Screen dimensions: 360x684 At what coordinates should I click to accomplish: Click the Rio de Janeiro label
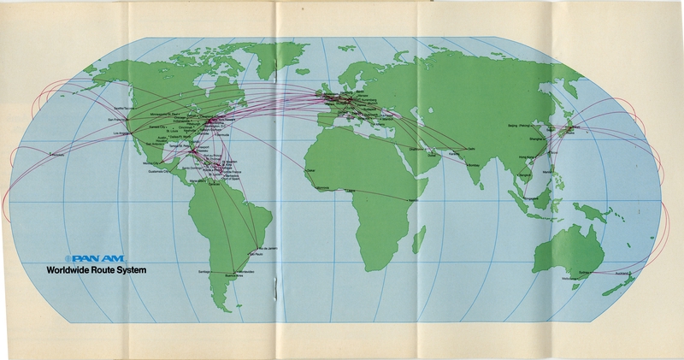pos(259,248)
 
